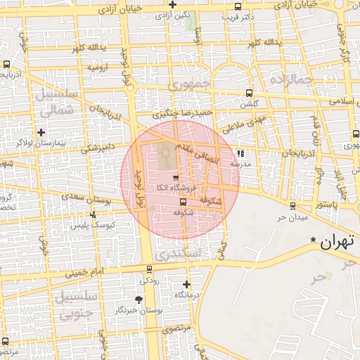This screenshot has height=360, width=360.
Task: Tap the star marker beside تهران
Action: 314,240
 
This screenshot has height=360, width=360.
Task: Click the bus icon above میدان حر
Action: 293,205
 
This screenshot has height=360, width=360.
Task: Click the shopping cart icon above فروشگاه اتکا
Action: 174,177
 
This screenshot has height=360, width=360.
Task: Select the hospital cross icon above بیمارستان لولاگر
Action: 42,131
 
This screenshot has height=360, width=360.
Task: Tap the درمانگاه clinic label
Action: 186,295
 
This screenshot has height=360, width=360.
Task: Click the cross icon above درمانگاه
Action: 186,285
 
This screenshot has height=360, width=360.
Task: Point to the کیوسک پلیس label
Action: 92,226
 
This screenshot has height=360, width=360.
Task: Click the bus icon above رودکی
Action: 149,269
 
